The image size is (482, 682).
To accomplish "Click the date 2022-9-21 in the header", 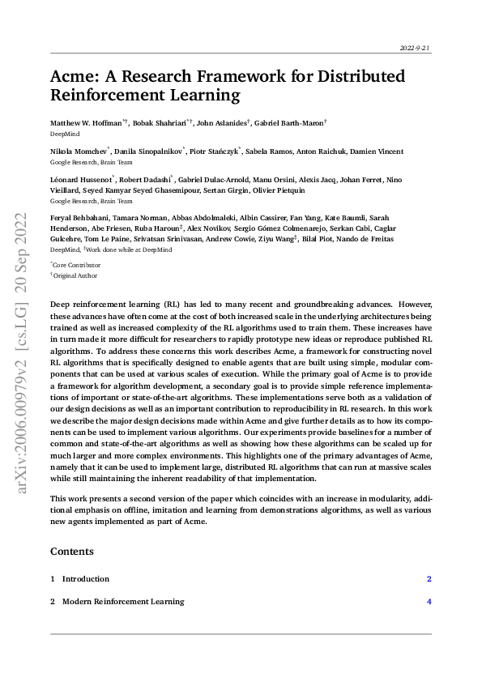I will (416, 49).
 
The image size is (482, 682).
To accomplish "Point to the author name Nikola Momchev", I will (79, 151).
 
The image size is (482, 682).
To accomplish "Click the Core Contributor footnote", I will (78, 265).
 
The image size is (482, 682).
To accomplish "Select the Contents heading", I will (72, 552).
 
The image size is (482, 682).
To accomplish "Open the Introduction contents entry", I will (85, 579).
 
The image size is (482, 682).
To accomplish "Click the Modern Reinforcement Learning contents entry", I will (122, 602).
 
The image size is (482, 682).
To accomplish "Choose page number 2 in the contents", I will (429, 579).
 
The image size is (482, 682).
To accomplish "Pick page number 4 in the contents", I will (429, 602).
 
